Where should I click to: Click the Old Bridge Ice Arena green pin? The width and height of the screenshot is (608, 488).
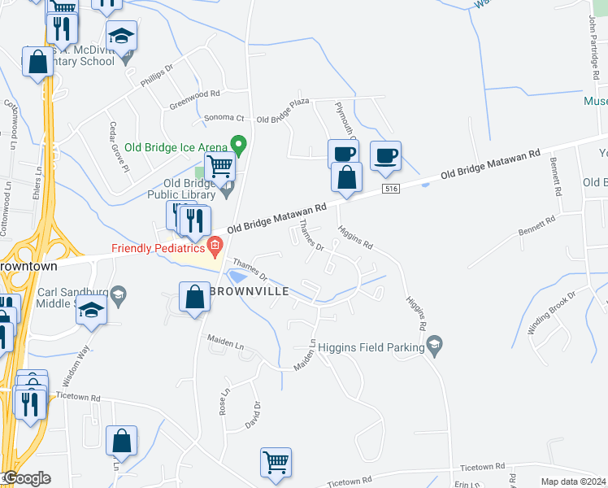click(238, 146)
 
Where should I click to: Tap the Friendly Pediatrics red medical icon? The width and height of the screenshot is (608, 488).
click(215, 245)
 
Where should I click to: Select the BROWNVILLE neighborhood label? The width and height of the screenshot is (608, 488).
click(247, 289)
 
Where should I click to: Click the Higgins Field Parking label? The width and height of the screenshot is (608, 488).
click(371, 347)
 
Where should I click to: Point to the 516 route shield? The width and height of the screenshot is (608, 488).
click(391, 189)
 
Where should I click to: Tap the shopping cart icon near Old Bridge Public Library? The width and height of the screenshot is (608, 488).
click(220, 168)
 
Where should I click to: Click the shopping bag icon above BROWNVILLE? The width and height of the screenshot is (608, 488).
click(195, 297)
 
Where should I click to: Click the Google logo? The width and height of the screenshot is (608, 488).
click(26, 478)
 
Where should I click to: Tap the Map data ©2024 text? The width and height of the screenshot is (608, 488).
click(573, 481)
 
